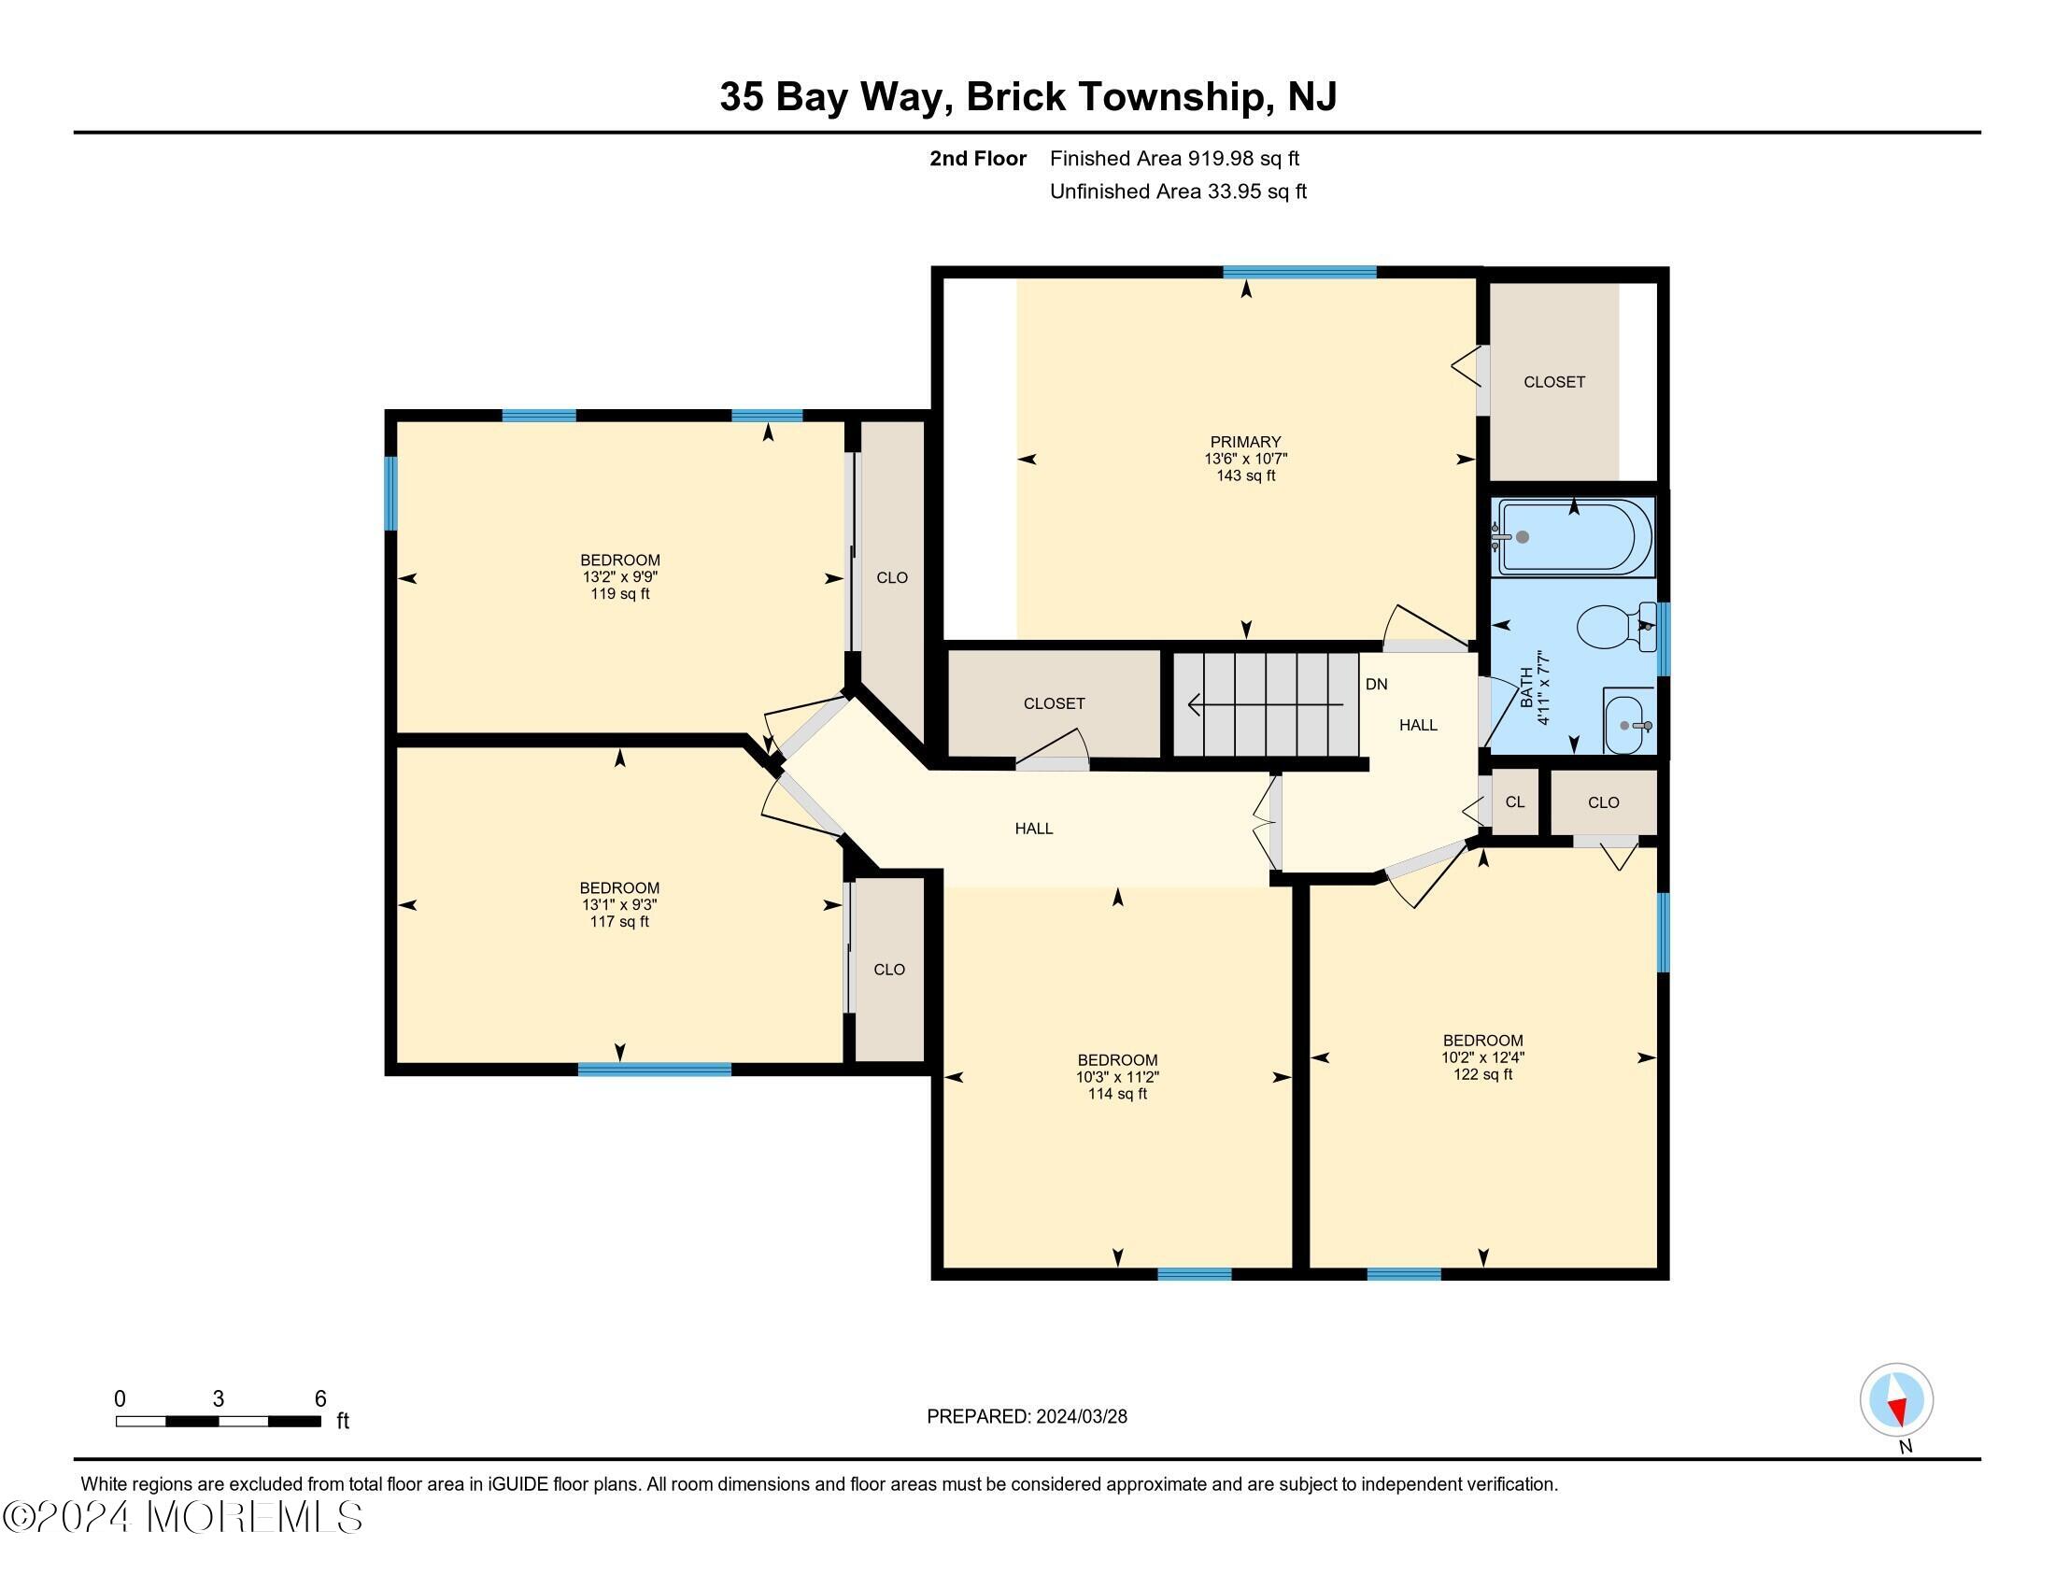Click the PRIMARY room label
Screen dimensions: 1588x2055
tap(1245, 441)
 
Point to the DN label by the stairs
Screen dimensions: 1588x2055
tap(1376, 685)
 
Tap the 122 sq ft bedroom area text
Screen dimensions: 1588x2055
tap(1482, 1074)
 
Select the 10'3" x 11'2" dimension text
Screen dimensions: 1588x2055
tap(1117, 1077)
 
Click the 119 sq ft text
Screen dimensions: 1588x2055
tap(619, 594)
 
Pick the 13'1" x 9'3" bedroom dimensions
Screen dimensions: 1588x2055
tap(618, 905)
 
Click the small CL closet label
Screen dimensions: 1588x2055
tap(1514, 802)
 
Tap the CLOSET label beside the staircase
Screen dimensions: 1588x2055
tap(1054, 703)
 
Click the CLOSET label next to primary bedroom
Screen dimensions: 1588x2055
tap(1553, 382)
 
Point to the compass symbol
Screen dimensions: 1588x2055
tap(1895, 1399)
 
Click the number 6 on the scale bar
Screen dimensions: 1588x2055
tap(319, 1399)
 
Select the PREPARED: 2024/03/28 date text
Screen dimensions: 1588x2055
tap(1027, 1417)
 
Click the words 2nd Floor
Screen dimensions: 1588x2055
tap(977, 159)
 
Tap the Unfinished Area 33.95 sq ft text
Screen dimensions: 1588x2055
tap(1177, 191)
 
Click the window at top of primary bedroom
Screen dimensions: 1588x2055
tap(1298, 273)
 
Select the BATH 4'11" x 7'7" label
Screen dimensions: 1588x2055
tap(1534, 687)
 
